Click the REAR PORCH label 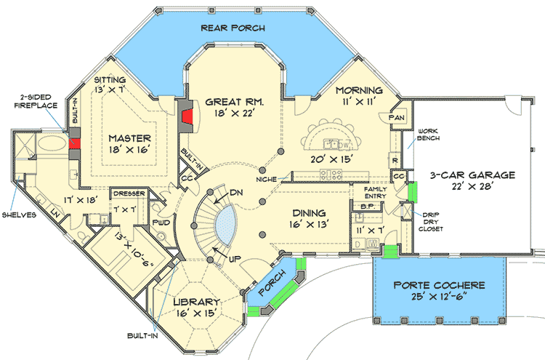(x=233, y=28)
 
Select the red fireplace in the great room (x=187, y=114)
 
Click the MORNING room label (x=359, y=90)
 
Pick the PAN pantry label (x=397, y=117)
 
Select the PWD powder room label (x=161, y=223)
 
